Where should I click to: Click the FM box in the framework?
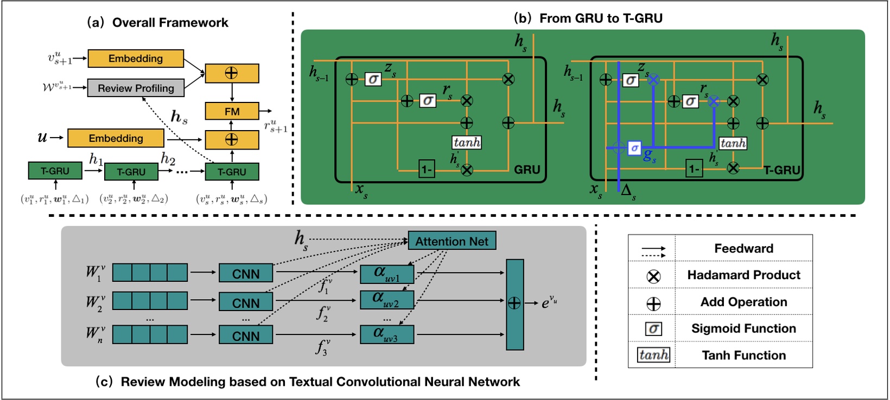[232, 111]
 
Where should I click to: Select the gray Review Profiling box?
[136, 88]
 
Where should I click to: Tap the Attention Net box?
[452, 241]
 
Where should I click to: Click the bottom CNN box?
[246, 336]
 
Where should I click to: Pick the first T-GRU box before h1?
[55, 171]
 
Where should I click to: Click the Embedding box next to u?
[116, 138]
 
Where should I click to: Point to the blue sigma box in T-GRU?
[634, 148]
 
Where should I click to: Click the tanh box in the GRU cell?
[467, 143]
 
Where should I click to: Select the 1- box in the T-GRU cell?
[694, 169]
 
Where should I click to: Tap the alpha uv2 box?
[386, 300]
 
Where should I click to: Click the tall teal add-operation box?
[514, 304]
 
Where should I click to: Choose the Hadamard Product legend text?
[743, 275]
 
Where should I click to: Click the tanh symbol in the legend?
[653, 355]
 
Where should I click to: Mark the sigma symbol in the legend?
[653, 328]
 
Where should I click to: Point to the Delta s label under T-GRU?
[628, 191]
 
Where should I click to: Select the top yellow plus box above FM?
[232, 73]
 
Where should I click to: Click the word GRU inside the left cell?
[526, 170]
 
